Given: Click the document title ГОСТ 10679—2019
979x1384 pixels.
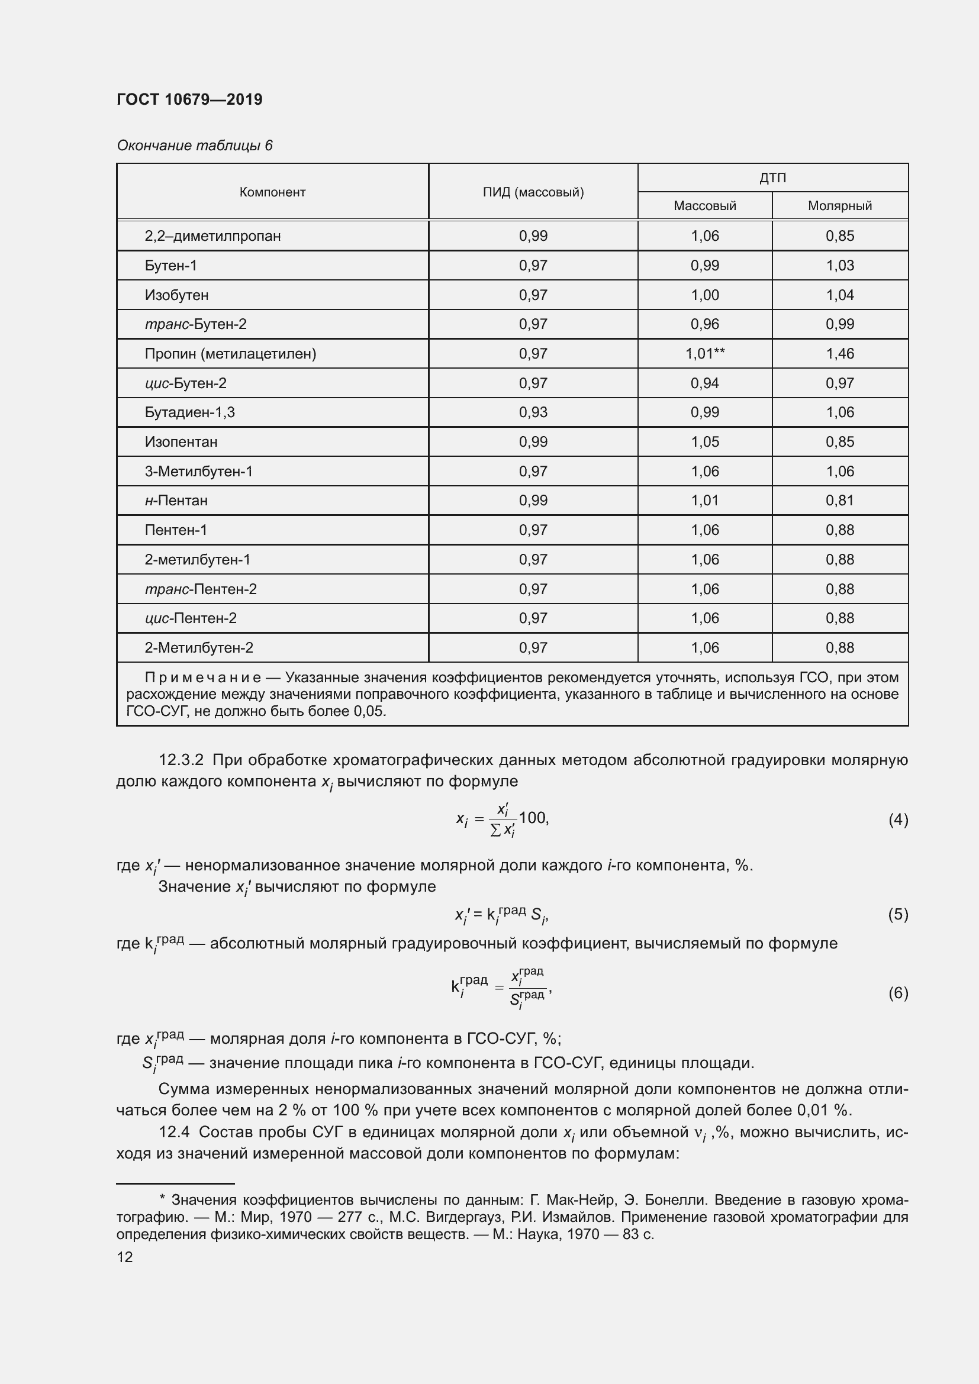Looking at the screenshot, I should (x=189, y=99).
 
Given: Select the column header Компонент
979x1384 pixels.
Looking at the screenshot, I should (x=272, y=192).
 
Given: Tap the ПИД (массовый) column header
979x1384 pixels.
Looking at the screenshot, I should (x=533, y=192).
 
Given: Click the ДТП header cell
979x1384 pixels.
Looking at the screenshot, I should (x=772, y=178).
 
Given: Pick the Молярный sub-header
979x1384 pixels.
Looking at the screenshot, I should (x=840, y=206).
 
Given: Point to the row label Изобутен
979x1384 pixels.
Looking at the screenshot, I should (x=176, y=295).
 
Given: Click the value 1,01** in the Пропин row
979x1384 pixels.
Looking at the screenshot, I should (x=705, y=354).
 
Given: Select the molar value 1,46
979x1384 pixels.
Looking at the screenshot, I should (x=840, y=354).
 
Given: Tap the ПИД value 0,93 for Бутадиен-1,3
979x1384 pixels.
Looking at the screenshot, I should (x=533, y=412).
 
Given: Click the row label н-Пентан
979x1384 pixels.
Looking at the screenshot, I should (x=176, y=501).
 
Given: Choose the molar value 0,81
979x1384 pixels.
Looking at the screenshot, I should (x=840, y=501).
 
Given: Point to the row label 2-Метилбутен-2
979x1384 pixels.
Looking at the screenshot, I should (x=199, y=648).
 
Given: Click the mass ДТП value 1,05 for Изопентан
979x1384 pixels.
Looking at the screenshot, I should (x=705, y=442).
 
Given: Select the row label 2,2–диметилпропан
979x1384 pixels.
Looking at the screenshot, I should (x=213, y=236).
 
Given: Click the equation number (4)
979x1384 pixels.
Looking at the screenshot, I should (x=898, y=820).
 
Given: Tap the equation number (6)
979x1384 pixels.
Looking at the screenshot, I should (x=898, y=993).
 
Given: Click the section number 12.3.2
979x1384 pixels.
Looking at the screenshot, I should (x=182, y=760).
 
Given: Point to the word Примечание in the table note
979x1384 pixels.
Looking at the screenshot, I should (x=202, y=678).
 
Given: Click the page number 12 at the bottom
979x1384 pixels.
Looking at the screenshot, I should (x=125, y=1257).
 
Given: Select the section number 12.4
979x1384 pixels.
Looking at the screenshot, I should (x=173, y=1133).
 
